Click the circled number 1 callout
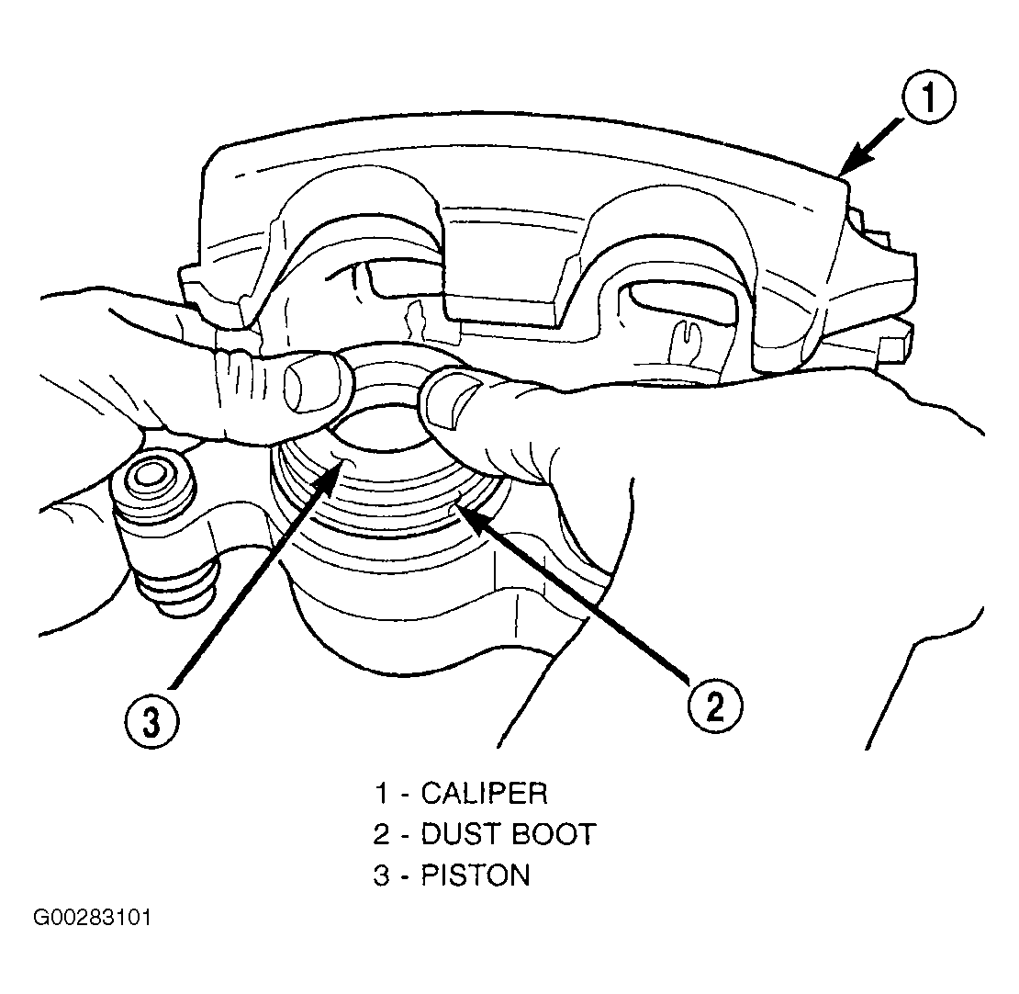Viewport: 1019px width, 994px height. [x=928, y=97]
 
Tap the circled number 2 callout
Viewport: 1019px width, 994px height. [x=713, y=706]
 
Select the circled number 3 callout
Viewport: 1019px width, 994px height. [x=151, y=722]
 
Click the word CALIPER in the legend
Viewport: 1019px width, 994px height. [x=484, y=793]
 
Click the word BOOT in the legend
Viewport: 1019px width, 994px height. [x=552, y=834]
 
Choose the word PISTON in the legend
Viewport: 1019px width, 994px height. [x=476, y=875]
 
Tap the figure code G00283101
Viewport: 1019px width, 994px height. [x=93, y=917]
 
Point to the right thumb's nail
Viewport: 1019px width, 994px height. [x=452, y=402]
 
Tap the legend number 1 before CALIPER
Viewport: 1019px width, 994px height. [x=382, y=794]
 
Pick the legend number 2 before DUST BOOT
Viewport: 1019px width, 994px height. [x=382, y=834]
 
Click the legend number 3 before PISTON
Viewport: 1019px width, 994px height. [x=382, y=875]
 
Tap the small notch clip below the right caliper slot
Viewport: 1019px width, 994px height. [x=684, y=334]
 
